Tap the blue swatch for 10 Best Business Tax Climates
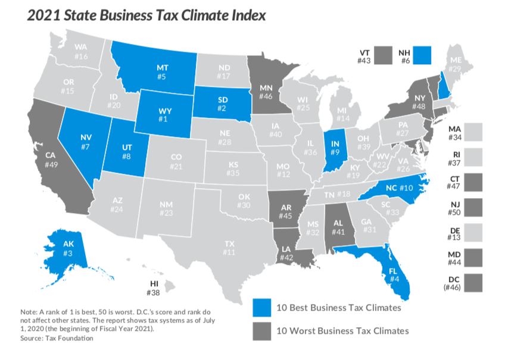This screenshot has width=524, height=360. tap(261, 308)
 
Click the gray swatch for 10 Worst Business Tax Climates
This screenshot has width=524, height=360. tap(261, 331)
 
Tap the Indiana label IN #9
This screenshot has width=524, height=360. tap(335, 147)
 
